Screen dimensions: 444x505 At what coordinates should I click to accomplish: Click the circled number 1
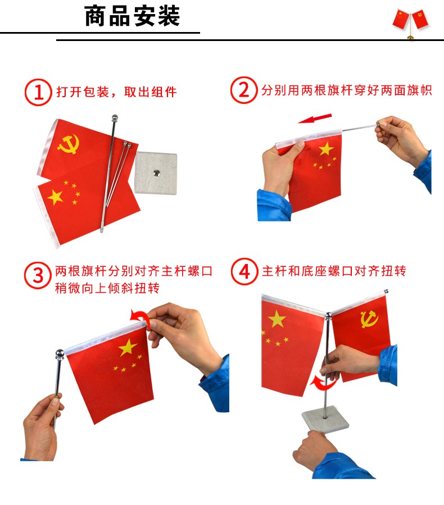[x=38, y=92]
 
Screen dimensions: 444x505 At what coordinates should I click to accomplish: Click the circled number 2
[x=244, y=90]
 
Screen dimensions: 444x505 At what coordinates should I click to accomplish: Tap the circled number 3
[x=38, y=275]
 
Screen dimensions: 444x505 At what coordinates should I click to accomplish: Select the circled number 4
[x=244, y=271]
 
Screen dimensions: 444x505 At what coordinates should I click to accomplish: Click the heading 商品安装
[x=132, y=16]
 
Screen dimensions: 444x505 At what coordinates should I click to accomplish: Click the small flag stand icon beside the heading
[x=410, y=23]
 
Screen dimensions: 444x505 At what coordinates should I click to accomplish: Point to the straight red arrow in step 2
[x=315, y=118]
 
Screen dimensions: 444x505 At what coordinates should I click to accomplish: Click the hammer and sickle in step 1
[x=69, y=144]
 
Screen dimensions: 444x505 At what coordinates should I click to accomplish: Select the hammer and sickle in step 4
[x=369, y=319]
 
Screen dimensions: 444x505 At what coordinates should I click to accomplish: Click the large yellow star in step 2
[x=326, y=148]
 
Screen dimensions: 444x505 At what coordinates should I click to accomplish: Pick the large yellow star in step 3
[x=128, y=348]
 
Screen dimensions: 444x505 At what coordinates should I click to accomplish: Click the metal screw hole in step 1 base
[x=156, y=173]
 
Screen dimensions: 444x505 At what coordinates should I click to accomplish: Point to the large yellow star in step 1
[x=56, y=197]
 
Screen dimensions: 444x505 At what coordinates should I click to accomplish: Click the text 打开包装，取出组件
[x=117, y=92]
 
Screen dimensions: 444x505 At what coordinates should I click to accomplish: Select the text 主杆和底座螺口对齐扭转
[x=334, y=271]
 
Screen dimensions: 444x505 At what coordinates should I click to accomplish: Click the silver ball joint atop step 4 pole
[x=328, y=316]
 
